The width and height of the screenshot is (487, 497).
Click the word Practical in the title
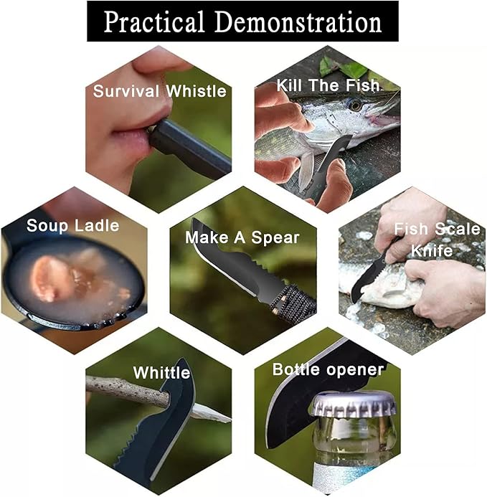click(x=154, y=22)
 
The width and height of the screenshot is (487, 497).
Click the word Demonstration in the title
click(x=298, y=22)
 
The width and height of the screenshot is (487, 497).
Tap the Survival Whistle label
click(x=160, y=91)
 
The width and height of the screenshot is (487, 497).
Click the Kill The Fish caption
click(x=328, y=85)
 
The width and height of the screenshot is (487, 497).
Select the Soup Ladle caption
click(x=73, y=226)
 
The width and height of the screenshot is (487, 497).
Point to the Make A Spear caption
click(x=242, y=237)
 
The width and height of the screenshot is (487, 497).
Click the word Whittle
click(x=161, y=373)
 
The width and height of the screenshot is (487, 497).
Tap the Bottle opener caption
click(x=328, y=369)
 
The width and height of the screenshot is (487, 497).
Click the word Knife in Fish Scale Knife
click(x=432, y=250)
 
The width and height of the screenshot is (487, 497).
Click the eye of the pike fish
click(x=354, y=105)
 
